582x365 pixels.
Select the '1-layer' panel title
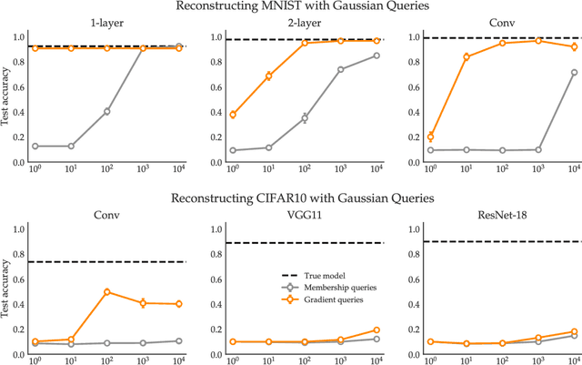pos(107,24)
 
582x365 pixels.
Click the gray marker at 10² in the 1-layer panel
pos(107,111)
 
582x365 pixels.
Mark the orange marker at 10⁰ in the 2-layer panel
pos(234,115)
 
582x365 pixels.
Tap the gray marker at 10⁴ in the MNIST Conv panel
pos(574,72)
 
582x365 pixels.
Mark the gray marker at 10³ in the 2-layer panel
pos(341,69)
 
